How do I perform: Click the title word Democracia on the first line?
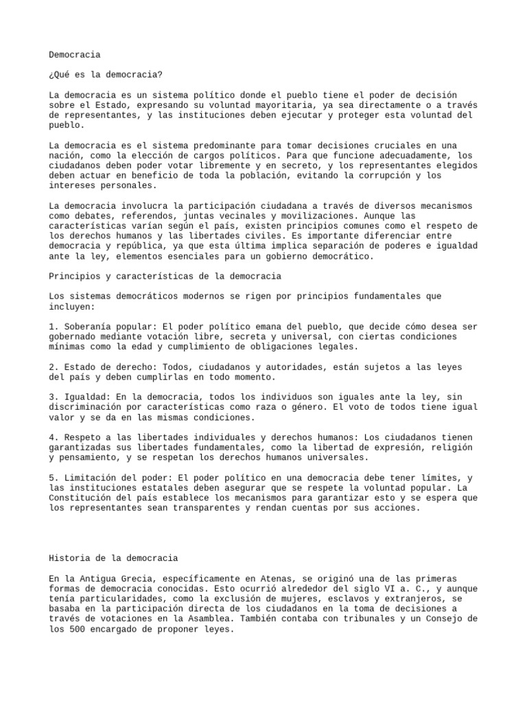coord(75,54)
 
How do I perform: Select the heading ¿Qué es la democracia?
coord(106,74)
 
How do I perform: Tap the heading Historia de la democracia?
coord(113,559)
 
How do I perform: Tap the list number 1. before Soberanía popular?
coord(54,327)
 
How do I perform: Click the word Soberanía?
coord(89,327)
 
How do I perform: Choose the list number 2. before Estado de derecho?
coord(54,367)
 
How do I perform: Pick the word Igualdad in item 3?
coord(89,397)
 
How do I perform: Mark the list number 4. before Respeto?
coord(54,437)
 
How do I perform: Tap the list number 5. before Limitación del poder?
coord(54,478)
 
